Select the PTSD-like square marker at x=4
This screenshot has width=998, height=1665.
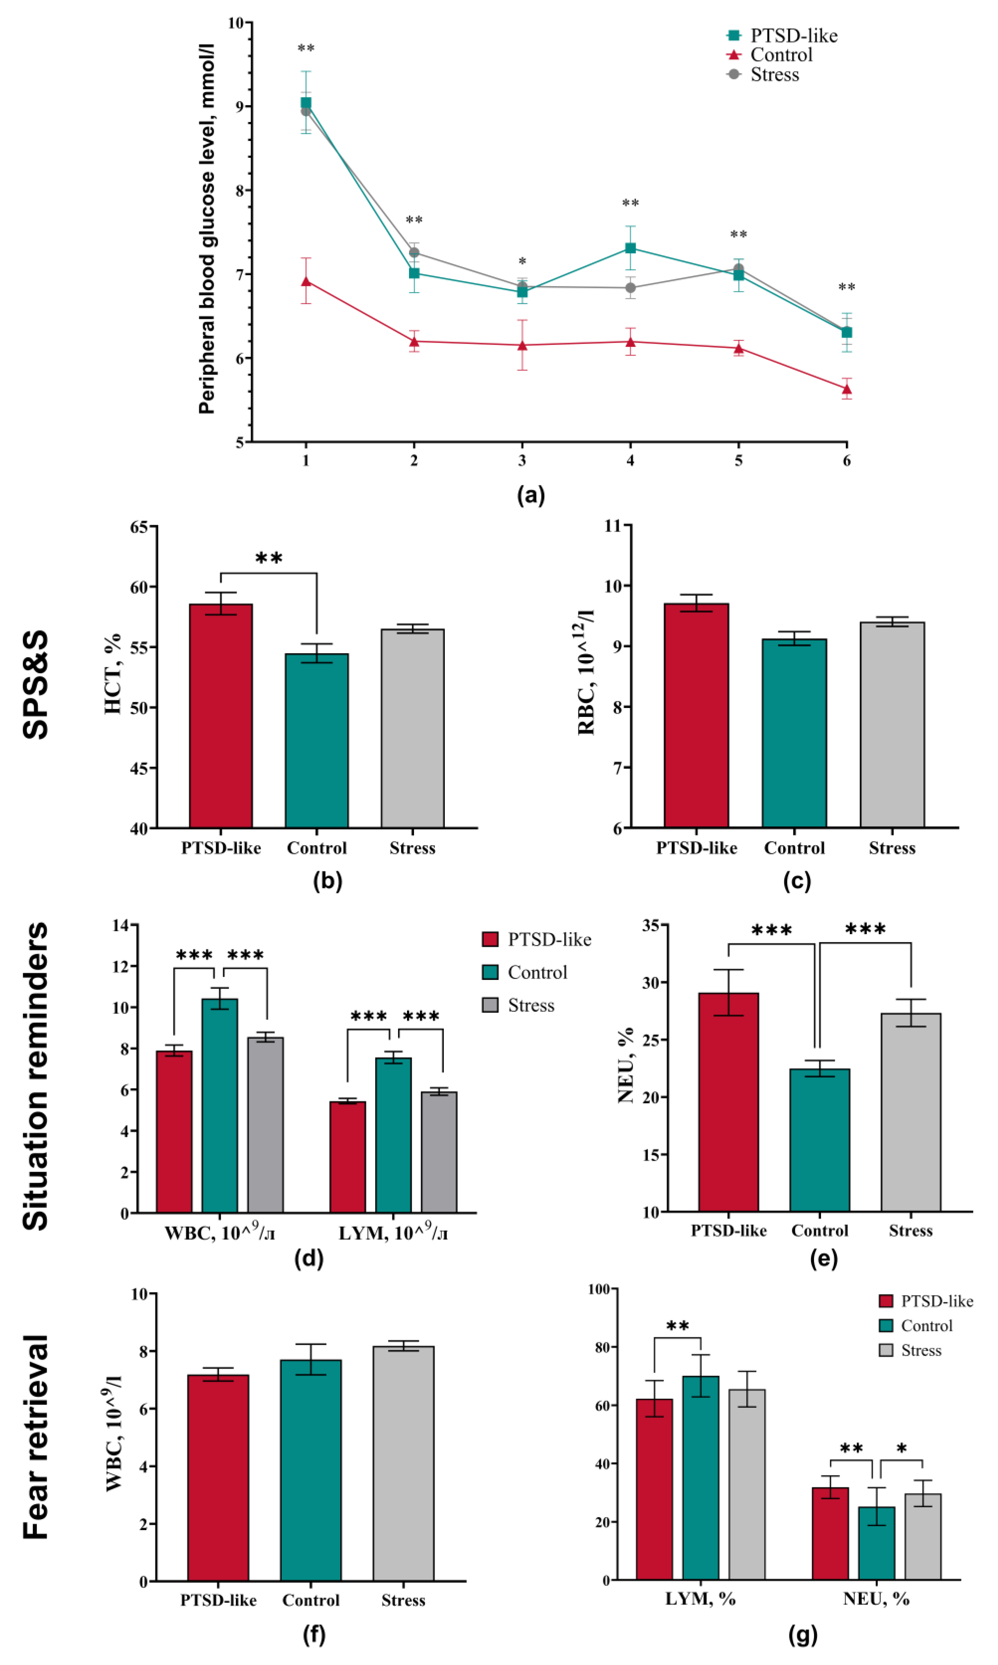coord(630,248)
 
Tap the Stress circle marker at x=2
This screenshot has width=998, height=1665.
coord(414,252)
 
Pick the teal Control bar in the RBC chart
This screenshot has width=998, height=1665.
coord(794,733)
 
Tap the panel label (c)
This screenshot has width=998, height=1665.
coord(797,881)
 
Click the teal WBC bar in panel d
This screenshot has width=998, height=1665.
coord(220,1106)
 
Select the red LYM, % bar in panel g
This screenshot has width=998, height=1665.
coord(654,1490)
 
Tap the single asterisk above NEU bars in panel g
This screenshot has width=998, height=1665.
coord(902,1448)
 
